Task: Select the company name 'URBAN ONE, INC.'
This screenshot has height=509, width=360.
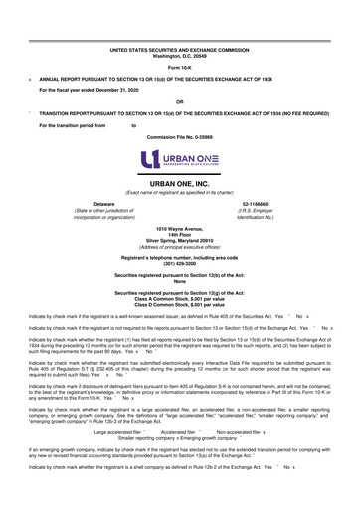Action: pos(180,185)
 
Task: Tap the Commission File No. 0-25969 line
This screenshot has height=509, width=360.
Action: pos(180,137)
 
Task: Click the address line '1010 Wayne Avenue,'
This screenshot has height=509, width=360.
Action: pos(180,228)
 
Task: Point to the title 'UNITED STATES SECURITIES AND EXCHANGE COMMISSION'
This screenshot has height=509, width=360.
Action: pos(180,47)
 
